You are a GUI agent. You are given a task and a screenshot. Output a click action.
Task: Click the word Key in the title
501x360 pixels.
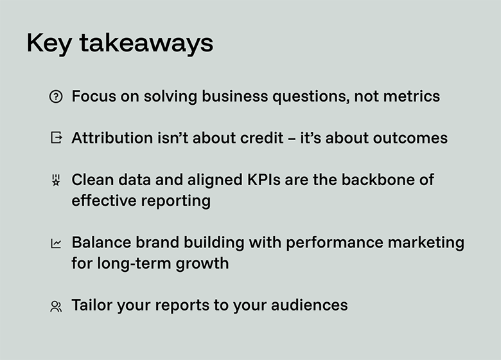click(49, 44)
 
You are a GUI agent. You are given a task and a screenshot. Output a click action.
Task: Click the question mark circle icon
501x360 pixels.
click(56, 97)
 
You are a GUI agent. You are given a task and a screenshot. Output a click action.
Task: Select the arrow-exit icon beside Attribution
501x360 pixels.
click(56, 138)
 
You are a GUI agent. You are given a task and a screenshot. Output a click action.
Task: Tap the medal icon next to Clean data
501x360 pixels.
click(56, 181)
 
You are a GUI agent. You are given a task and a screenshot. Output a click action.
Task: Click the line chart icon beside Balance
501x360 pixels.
click(56, 244)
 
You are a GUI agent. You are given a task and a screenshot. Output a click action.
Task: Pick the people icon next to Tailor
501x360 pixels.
click(56, 306)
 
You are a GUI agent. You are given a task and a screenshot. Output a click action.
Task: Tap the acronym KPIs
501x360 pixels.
click(264, 180)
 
